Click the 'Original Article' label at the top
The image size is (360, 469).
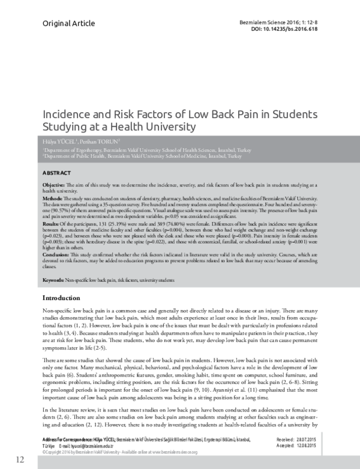[68, 23]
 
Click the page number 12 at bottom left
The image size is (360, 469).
[20, 459]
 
